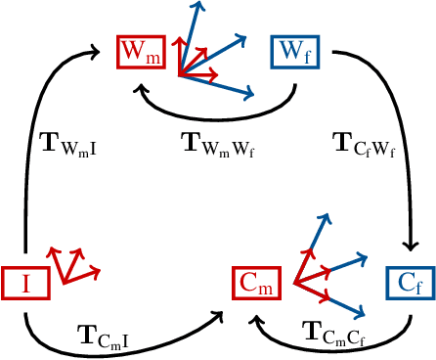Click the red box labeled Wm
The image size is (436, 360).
[x=140, y=52]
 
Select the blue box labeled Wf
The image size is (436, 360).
[x=292, y=52]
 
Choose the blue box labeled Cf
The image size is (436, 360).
[x=408, y=283]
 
